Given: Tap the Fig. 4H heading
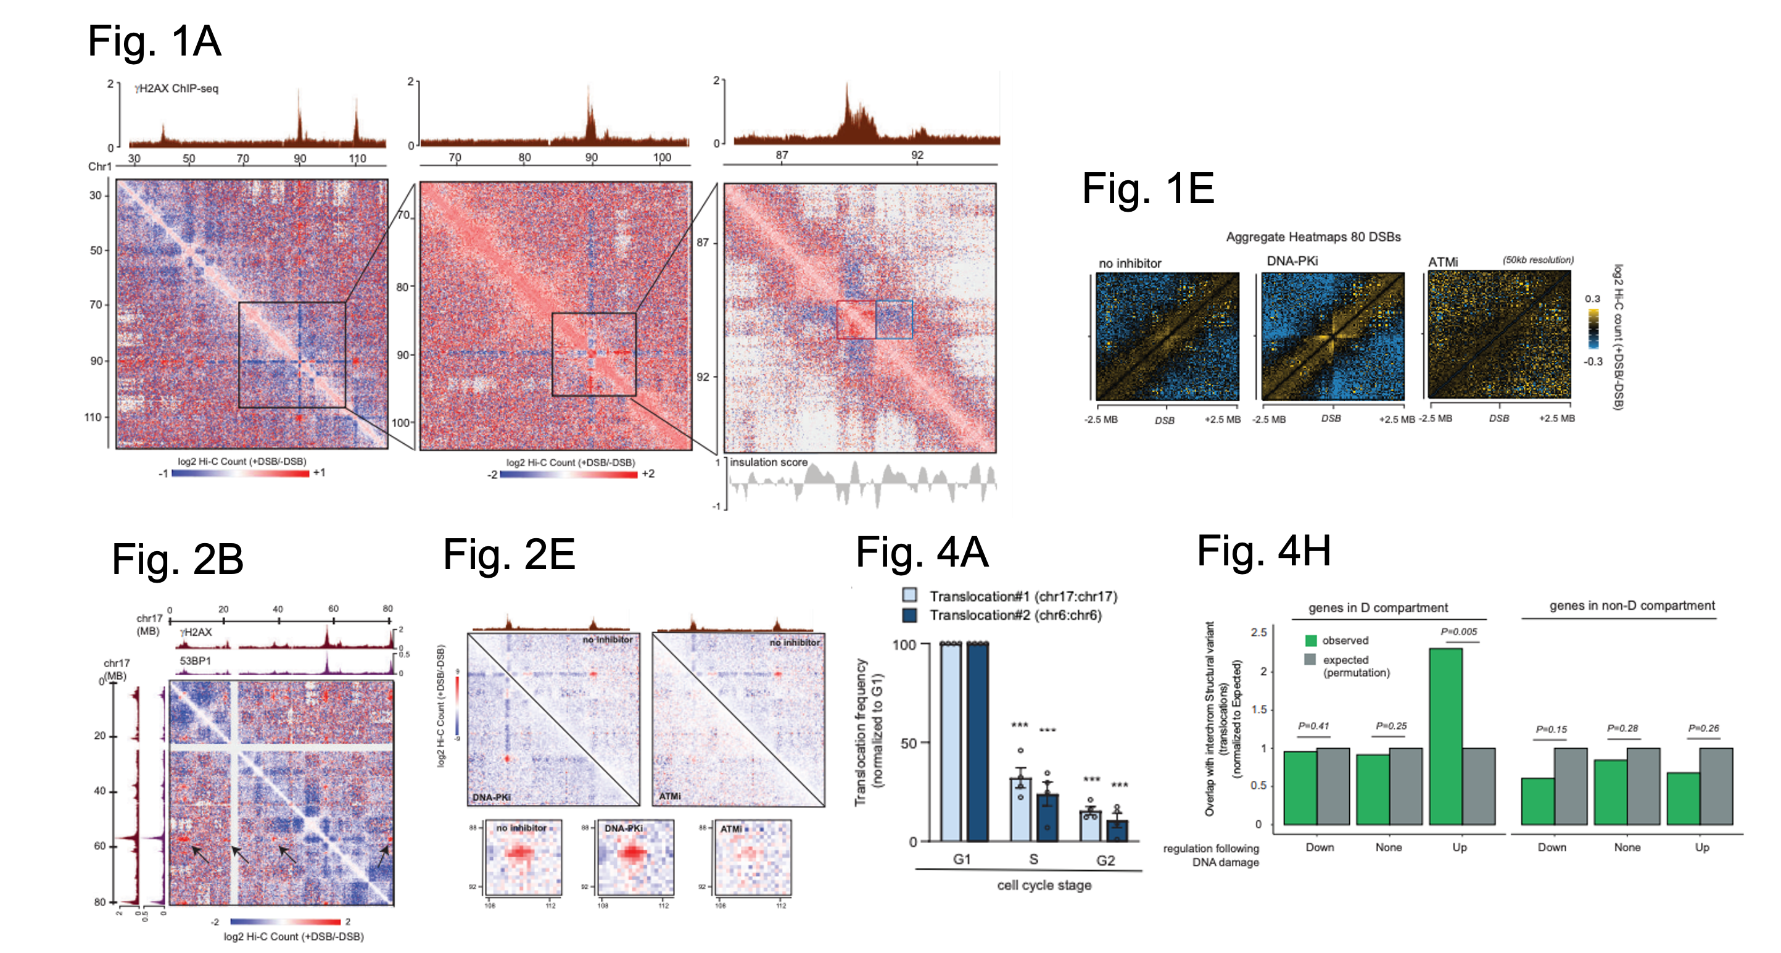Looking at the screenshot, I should click(x=1263, y=551).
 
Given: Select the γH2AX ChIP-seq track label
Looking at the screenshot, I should click(x=176, y=88).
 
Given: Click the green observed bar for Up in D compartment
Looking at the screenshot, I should click(x=1445, y=736).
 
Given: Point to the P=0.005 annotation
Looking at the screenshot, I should click(x=1458, y=631).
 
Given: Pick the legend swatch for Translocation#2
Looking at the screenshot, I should click(x=910, y=615).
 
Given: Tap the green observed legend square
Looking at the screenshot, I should click(x=1310, y=641).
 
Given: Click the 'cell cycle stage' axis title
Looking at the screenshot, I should click(x=1044, y=885).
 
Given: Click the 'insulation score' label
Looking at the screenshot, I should click(x=768, y=462).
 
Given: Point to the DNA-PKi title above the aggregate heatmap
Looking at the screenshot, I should click(x=1292, y=260).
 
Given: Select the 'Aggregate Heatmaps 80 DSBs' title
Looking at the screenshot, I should click(x=1313, y=236).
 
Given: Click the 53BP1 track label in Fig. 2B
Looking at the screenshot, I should click(x=195, y=660).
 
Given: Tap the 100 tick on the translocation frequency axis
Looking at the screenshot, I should click(x=904, y=644).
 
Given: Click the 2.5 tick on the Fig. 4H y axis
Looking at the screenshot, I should click(x=1258, y=632).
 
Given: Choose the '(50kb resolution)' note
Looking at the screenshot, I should click(x=1538, y=260).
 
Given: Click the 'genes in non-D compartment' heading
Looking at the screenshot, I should click(x=1632, y=606).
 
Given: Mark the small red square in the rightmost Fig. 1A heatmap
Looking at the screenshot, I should click(x=856, y=320).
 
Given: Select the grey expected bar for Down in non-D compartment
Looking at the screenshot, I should click(x=1570, y=786).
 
